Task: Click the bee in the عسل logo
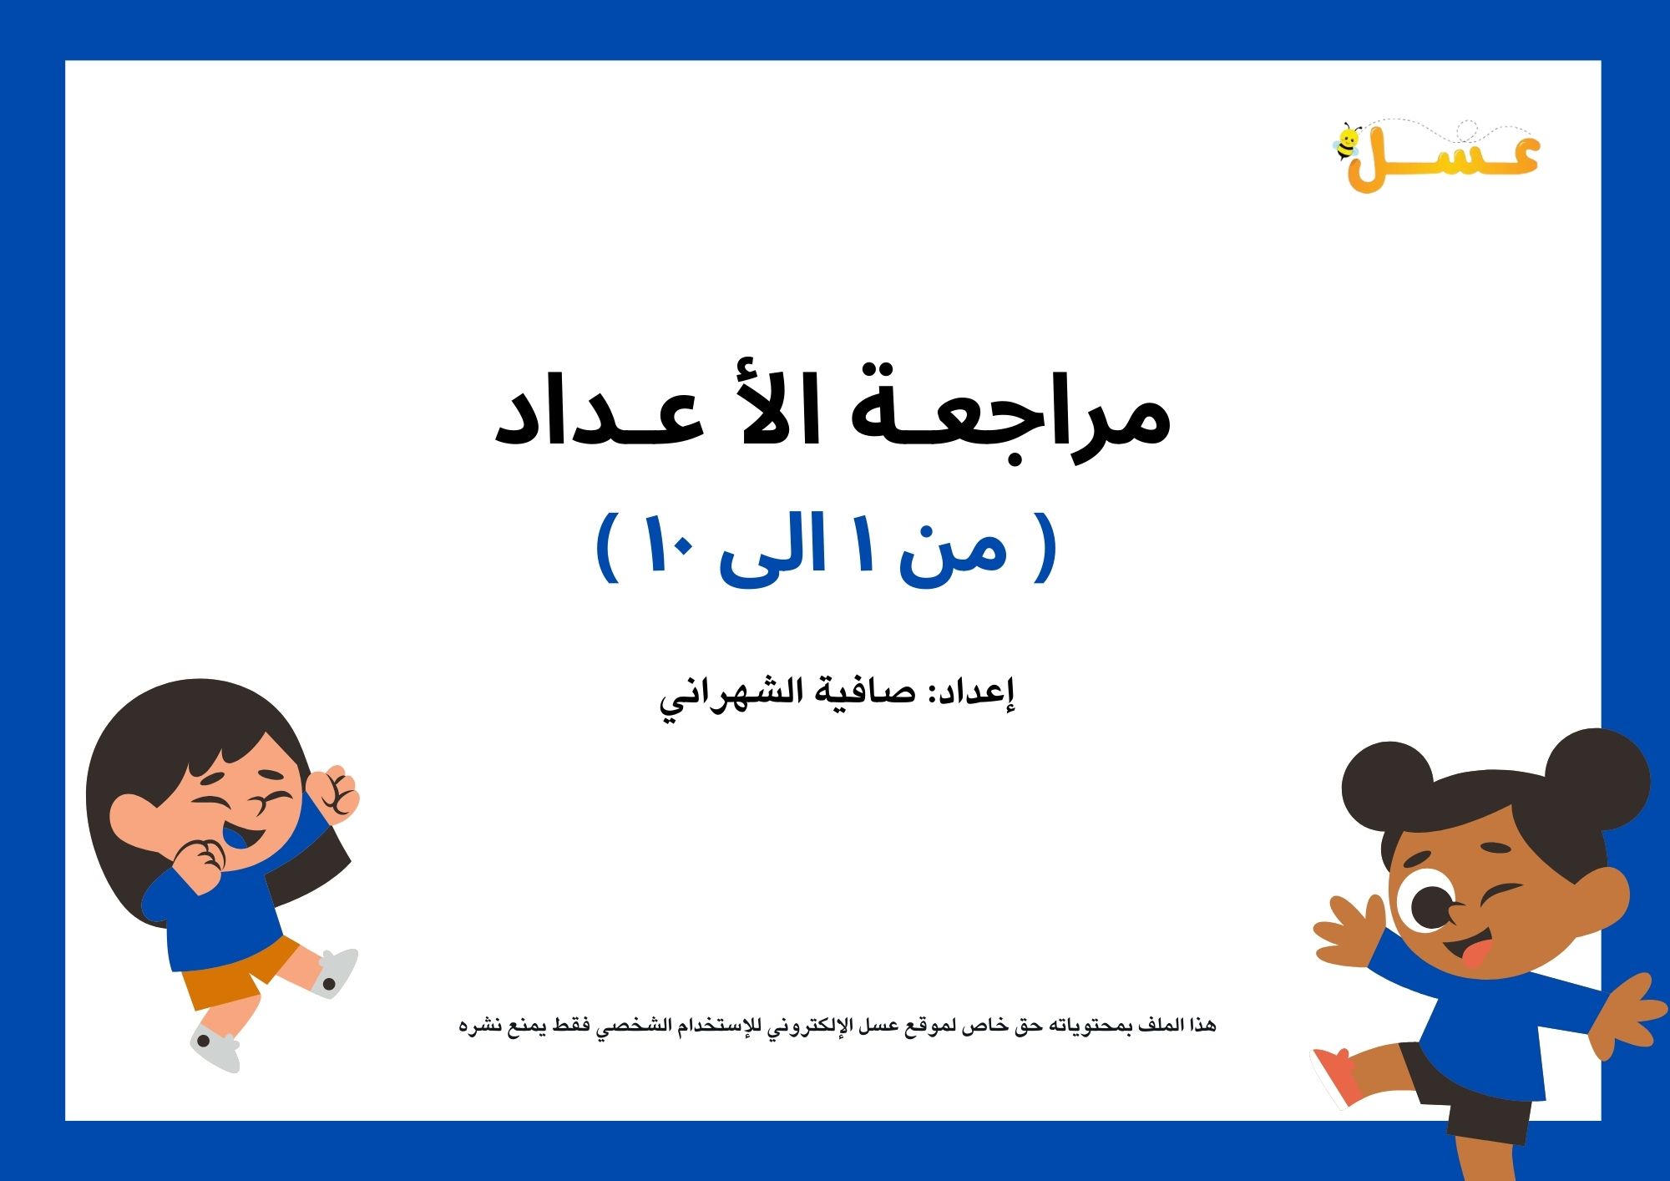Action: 1346,143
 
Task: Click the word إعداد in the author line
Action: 978,692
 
